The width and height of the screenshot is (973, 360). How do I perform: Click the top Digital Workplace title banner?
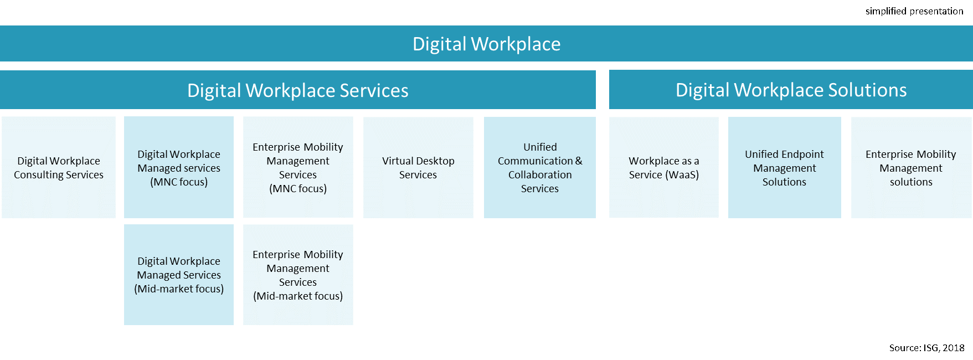(486, 44)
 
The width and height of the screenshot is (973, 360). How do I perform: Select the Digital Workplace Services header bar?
(297, 90)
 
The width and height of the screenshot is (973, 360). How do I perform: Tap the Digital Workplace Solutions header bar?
(791, 90)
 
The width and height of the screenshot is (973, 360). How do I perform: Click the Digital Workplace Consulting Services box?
(59, 167)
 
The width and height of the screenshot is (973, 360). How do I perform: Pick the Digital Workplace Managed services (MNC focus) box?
(179, 167)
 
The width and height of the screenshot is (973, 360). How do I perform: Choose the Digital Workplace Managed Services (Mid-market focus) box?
(179, 275)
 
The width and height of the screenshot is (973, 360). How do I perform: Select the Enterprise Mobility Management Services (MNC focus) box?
(298, 167)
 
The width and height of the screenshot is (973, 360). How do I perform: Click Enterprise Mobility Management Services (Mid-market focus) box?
(298, 275)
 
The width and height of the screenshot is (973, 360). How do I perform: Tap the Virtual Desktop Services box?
(418, 167)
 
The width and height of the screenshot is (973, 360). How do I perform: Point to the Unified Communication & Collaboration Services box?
(540, 167)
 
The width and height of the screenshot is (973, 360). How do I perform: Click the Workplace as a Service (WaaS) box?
(664, 167)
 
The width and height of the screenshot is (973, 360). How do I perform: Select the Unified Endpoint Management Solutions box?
(784, 167)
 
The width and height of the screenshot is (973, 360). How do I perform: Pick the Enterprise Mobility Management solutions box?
(911, 167)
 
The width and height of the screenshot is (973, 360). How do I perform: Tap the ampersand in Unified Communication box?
(579, 161)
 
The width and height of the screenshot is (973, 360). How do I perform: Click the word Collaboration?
(540, 175)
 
